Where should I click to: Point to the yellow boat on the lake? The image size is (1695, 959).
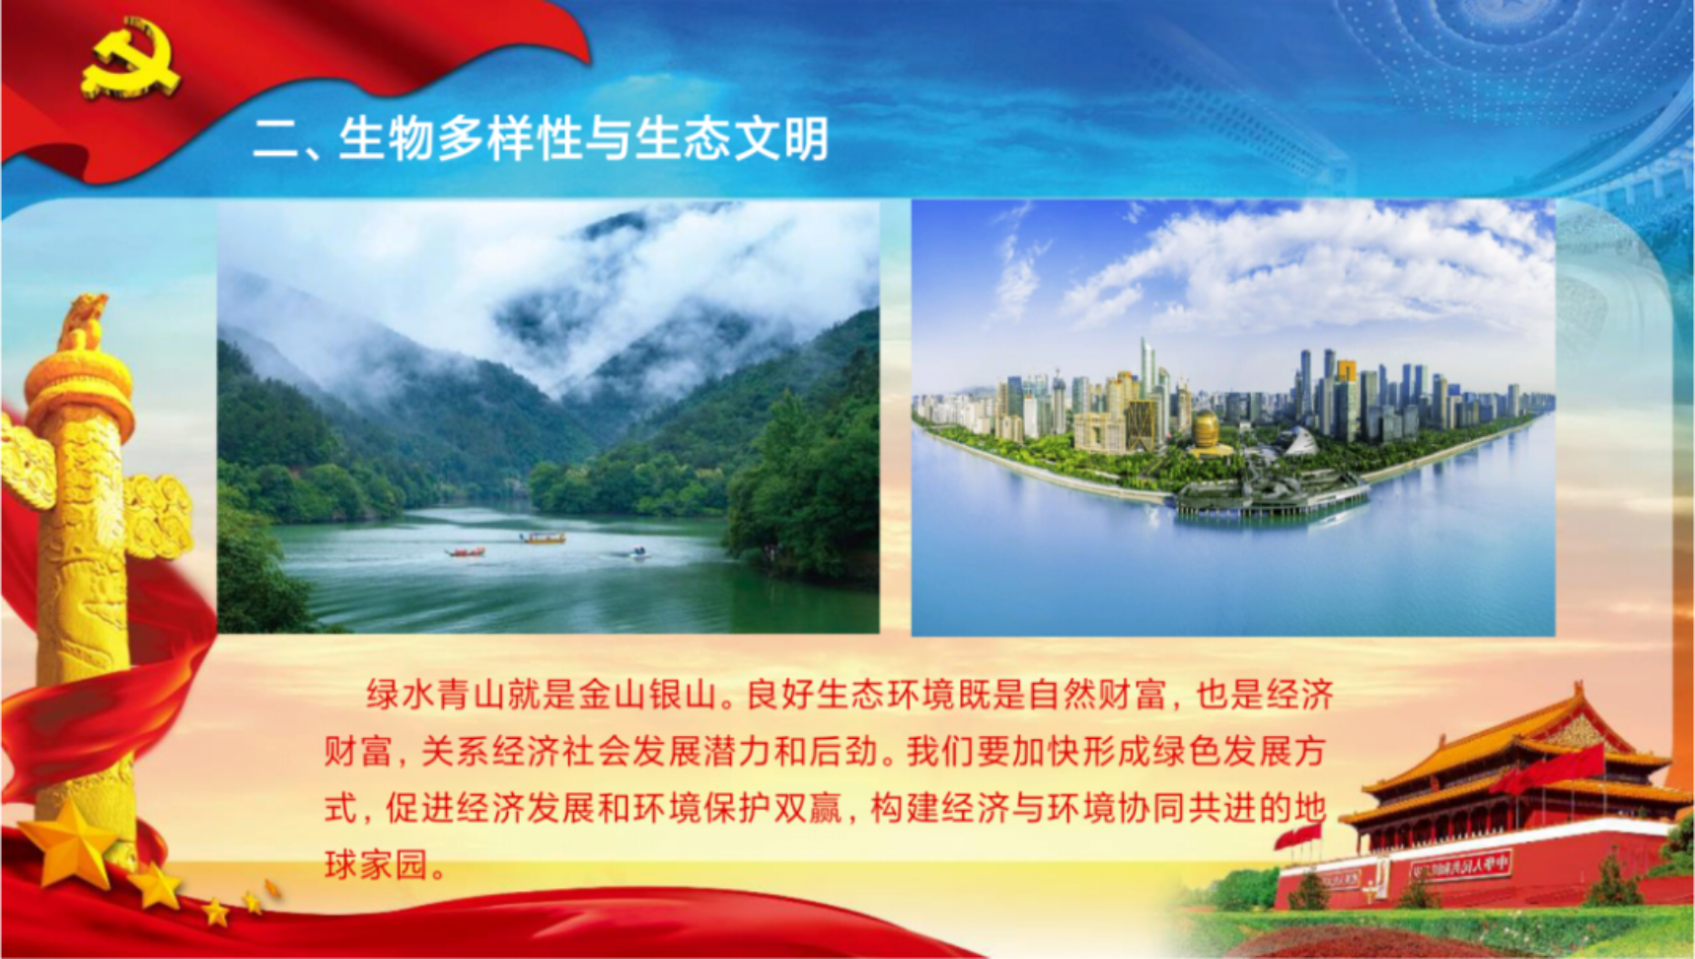[x=544, y=538]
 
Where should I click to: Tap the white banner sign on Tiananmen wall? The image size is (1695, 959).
[x=1461, y=866]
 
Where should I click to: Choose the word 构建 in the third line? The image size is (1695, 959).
[x=905, y=808]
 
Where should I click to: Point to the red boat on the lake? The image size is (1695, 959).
[x=466, y=552]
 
